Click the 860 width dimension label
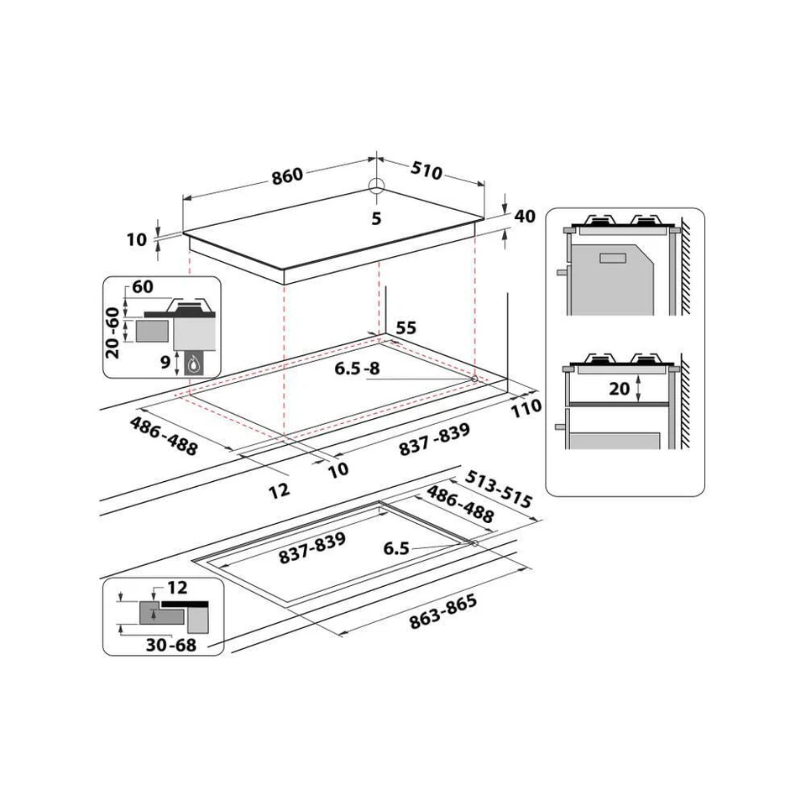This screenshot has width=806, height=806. (286, 176)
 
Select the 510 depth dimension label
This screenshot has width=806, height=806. (427, 171)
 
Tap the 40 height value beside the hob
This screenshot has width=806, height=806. (525, 217)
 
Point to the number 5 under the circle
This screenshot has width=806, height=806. (376, 219)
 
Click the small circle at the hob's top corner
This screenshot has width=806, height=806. (376, 186)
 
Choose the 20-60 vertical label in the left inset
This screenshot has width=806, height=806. (113, 332)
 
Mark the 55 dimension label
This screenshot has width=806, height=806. (406, 328)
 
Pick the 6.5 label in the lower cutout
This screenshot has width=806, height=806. (396, 548)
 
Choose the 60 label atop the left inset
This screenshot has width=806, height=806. (143, 287)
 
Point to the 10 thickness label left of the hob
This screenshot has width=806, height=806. (137, 239)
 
